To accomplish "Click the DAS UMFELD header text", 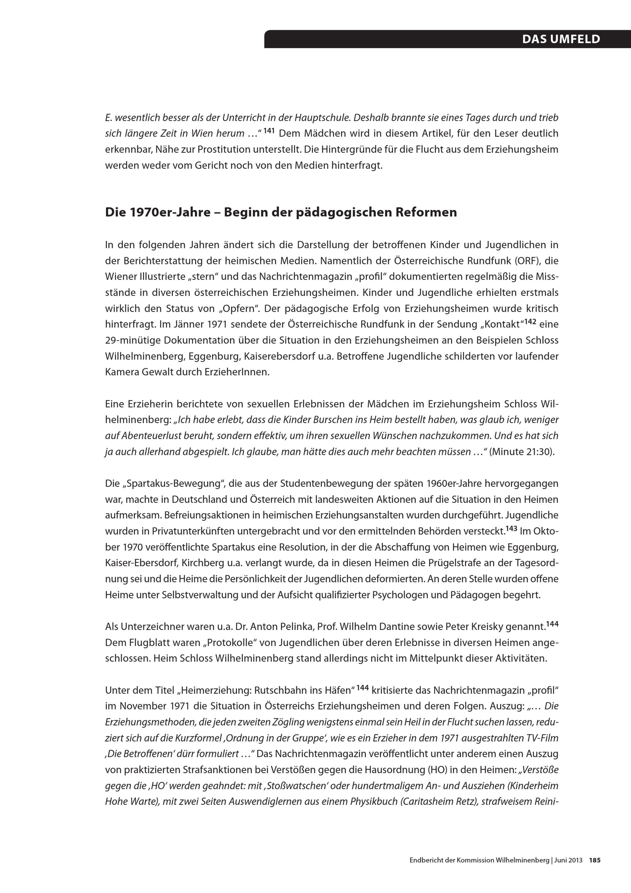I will click(x=561, y=39).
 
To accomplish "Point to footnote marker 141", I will click(x=269, y=131).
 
